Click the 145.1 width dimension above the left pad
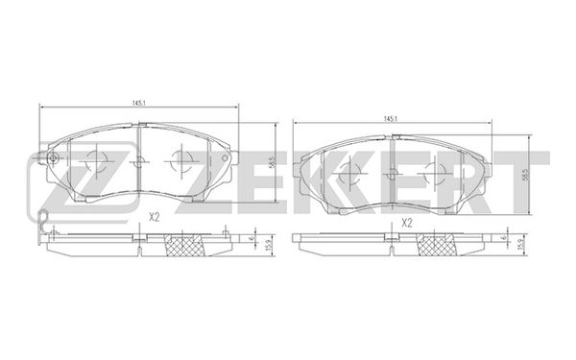pyautogui.click(x=139, y=104)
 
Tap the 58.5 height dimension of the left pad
pyautogui.click(x=272, y=162)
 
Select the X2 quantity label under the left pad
pyautogui.click(x=155, y=218)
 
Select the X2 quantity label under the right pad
pyautogui.click(x=407, y=223)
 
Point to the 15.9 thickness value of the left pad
pyautogui.click(x=272, y=245)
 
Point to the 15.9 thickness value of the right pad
pyautogui.click(x=520, y=245)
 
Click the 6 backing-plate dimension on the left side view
pyautogui.click(x=252, y=238)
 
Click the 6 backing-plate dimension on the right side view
pyautogui.click(x=504, y=237)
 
